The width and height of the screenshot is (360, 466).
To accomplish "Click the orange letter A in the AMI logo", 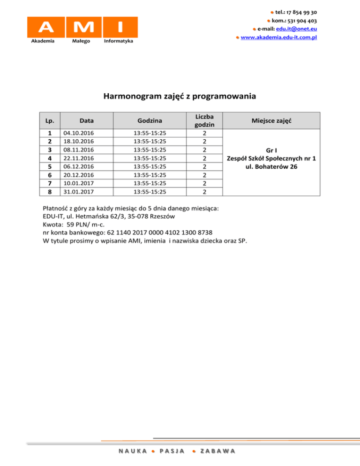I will [x=46, y=26].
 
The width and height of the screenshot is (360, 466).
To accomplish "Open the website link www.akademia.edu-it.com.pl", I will [x=279, y=37].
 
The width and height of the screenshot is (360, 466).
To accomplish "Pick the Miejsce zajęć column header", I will [x=271, y=120].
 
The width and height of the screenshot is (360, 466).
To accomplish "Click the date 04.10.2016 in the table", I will [x=78, y=133].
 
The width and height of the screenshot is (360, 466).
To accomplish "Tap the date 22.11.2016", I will [x=78, y=158].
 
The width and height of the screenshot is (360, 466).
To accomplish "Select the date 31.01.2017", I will [x=78, y=191].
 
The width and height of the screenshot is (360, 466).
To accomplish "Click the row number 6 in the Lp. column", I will [x=49, y=174].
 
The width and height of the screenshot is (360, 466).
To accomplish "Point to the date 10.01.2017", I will [x=78, y=183].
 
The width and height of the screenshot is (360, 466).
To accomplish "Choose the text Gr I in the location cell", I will [x=271, y=150].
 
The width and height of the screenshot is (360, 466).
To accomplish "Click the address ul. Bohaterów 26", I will [x=271, y=167].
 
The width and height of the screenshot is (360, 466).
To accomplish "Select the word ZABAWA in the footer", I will [x=217, y=451].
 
